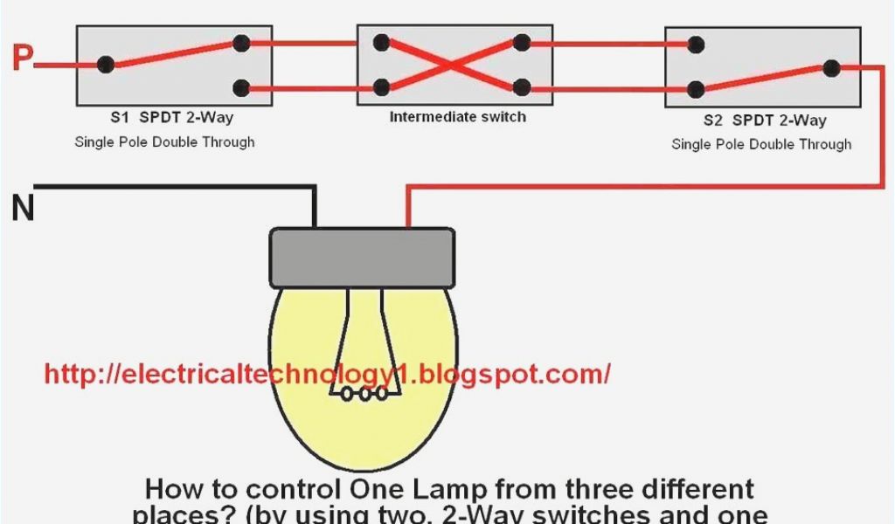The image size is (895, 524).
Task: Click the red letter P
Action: (22, 59)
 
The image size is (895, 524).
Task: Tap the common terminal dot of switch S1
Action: (106, 65)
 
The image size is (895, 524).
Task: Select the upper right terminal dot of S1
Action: (241, 43)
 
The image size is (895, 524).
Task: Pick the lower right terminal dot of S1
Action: (241, 87)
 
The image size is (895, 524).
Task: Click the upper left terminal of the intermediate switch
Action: (381, 43)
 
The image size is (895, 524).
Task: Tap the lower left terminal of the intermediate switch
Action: (381, 87)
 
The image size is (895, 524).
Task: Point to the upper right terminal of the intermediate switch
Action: (522, 43)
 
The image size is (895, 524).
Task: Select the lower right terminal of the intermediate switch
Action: (522, 87)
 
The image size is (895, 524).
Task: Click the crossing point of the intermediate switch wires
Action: (451, 65)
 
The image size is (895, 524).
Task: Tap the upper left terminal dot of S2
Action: (696, 44)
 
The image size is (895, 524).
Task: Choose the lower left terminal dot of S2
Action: (696, 89)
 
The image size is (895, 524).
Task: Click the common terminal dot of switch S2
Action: (831, 67)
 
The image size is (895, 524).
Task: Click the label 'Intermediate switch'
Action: (458, 116)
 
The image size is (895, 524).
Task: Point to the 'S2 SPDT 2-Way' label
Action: (764, 121)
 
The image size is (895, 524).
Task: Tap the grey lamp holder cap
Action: (362, 258)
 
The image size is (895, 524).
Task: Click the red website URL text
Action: (327, 374)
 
